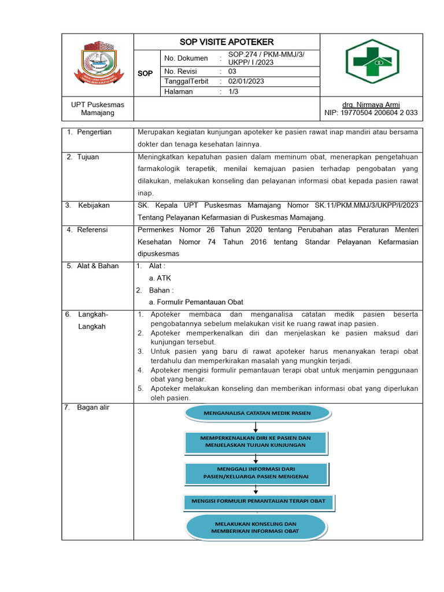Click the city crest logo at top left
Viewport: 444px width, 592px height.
click(x=97, y=62)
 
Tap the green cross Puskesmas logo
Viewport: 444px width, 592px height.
click(x=372, y=61)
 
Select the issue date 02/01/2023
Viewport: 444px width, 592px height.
click(x=246, y=82)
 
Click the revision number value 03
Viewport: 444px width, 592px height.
click(x=232, y=71)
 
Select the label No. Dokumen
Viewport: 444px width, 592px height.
click(x=186, y=58)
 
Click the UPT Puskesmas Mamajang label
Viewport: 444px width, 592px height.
click(x=97, y=109)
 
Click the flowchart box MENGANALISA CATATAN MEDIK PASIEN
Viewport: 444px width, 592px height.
click(x=257, y=413)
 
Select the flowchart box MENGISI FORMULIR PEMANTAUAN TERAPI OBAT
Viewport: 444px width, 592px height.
click(x=258, y=501)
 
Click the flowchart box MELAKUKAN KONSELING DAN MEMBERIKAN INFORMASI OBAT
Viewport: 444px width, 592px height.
click(x=254, y=527)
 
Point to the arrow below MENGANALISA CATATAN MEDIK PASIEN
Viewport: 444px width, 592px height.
click(x=256, y=426)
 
